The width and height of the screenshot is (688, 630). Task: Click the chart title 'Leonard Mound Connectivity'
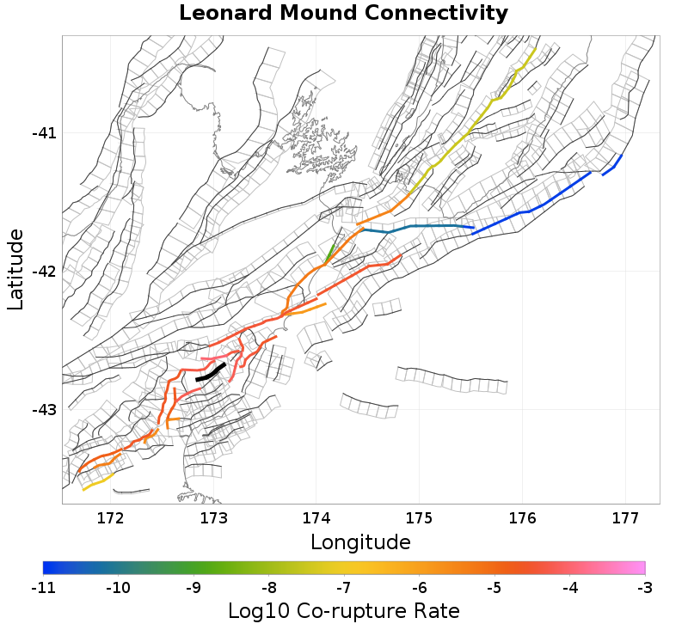tap(343, 14)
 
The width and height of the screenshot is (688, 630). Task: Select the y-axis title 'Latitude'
tap(15, 269)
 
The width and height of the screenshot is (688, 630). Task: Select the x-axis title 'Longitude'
tap(360, 542)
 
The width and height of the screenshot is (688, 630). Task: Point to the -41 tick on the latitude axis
tap(44, 133)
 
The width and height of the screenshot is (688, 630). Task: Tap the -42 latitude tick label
tap(44, 272)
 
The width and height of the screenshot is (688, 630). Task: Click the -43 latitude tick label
tap(44, 409)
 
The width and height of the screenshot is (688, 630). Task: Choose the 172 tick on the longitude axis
tap(111, 517)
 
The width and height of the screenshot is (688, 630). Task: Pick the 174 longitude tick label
tap(316, 517)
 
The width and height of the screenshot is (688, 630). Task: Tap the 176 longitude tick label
tap(522, 517)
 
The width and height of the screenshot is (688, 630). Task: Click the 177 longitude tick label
tap(624, 517)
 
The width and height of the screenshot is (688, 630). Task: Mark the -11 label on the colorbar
tap(43, 588)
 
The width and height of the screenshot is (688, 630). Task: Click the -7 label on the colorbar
tap(344, 588)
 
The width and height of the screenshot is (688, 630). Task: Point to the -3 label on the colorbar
tap(645, 588)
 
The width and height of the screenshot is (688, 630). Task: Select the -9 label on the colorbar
tap(193, 588)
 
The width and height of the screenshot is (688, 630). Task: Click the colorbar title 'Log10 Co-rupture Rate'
tap(344, 611)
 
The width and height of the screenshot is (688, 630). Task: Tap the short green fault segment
tap(330, 254)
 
